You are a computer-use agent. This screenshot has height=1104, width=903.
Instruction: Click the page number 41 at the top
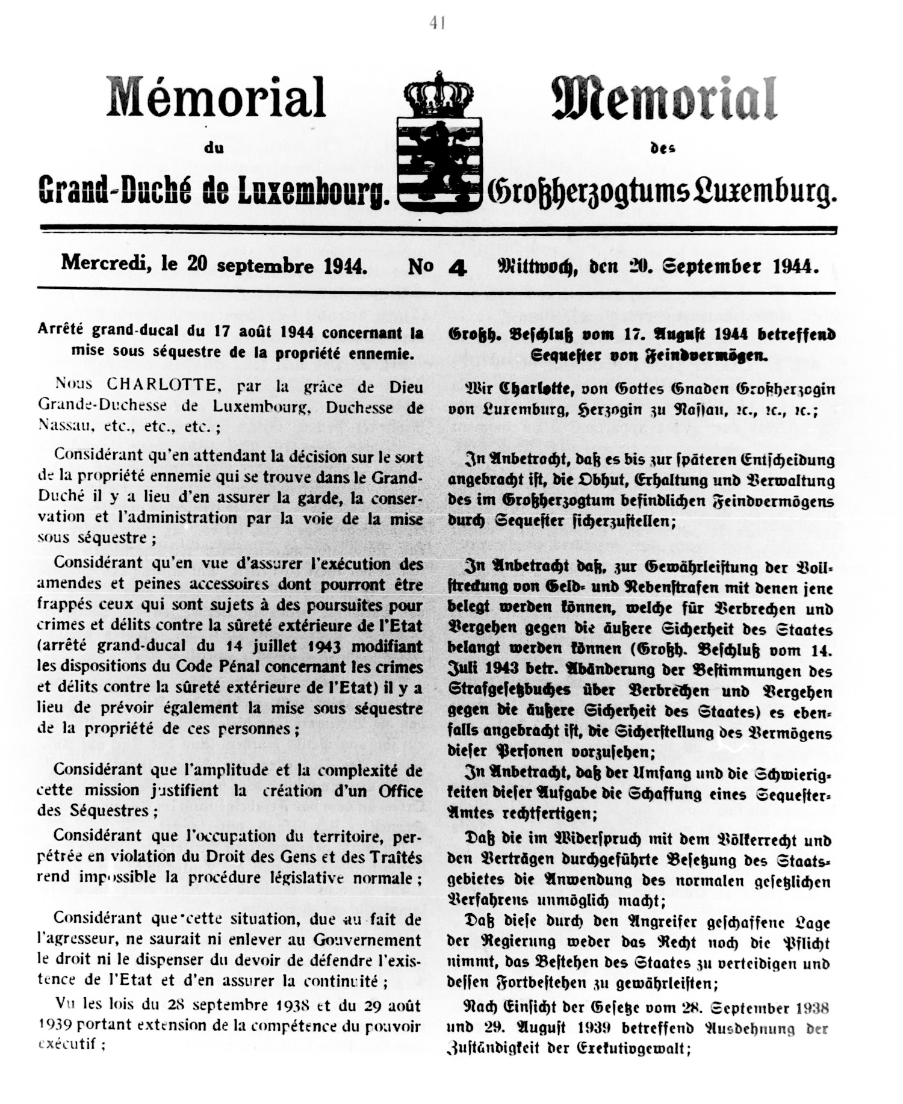click(438, 23)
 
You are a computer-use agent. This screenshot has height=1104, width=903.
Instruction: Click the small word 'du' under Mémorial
click(214, 148)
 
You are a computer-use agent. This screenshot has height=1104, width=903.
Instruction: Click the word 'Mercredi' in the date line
click(102, 263)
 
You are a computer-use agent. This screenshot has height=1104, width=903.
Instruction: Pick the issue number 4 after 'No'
click(458, 267)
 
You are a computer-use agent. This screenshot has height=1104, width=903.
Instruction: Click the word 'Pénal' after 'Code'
click(235, 666)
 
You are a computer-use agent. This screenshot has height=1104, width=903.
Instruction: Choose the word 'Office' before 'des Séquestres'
click(400, 790)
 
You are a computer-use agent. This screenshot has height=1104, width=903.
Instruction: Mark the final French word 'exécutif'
click(67, 1045)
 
